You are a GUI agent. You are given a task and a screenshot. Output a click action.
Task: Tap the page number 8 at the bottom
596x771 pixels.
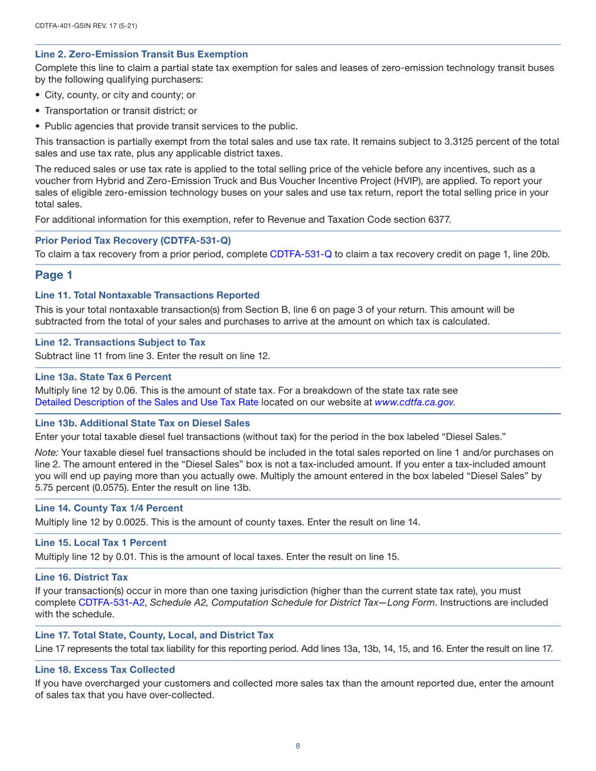298,746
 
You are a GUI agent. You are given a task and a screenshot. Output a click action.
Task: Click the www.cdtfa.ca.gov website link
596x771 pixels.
414,402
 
